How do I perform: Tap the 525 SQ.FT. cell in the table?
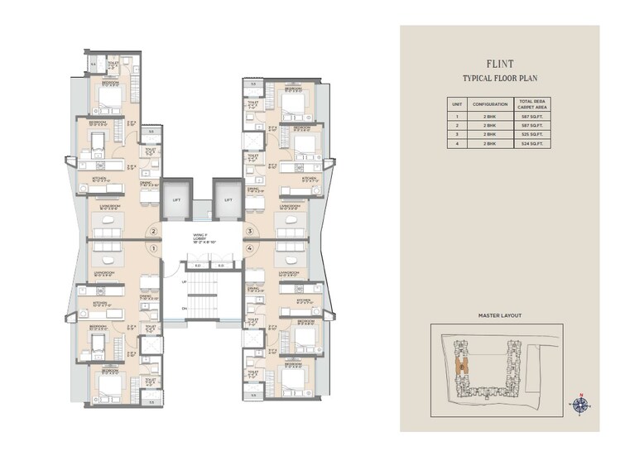pyautogui.click(x=536, y=133)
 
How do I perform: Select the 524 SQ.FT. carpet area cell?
pyautogui.click(x=536, y=143)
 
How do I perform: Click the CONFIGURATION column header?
pyautogui.click(x=490, y=104)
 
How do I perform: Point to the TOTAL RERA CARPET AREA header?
pyautogui.click(x=536, y=104)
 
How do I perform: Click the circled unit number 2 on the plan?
pyautogui.click(x=153, y=233)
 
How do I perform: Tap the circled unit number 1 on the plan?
pyautogui.click(x=153, y=247)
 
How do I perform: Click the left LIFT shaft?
pyautogui.click(x=175, y=199)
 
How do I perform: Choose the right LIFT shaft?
pyautogui.click(x=226, y=199)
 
